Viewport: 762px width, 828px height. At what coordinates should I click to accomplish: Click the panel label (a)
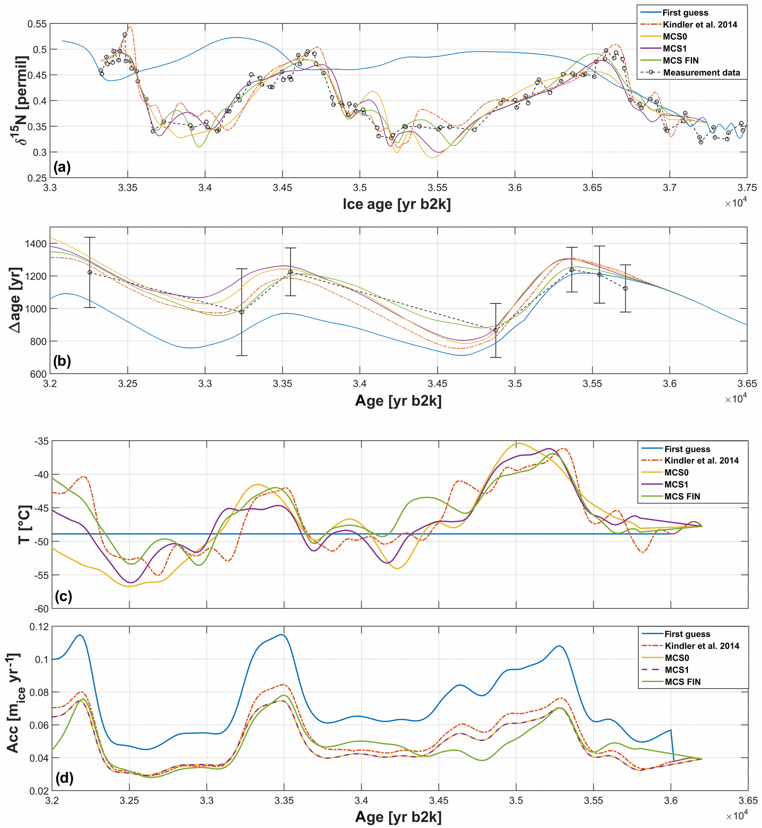[x=62, y=167]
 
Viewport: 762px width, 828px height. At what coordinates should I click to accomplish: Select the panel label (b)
[x=62, y=361]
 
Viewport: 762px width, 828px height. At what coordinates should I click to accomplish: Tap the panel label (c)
[x=63, y=596]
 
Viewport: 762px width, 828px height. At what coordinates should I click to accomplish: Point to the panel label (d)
[x=64, y=778]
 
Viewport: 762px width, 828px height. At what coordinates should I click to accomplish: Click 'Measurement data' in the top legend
[x=701, y=73]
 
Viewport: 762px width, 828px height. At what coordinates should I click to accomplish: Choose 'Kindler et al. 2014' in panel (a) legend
[x=700, y=25]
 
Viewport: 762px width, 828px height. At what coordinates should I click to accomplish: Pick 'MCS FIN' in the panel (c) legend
[x=682, y=496]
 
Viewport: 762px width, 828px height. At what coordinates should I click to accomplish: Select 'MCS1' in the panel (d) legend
[x=676, y=669]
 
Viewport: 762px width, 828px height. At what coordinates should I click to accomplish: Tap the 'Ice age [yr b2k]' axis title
[x=397, y=204]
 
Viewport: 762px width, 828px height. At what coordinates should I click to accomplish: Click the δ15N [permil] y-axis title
[x=21, y=100]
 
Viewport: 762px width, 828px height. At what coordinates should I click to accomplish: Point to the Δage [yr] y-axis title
[x=16, y=300]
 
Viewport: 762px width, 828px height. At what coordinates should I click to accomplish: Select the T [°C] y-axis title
[x=25, y=524]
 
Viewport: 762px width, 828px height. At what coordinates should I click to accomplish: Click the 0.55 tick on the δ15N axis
[x=37, y=24]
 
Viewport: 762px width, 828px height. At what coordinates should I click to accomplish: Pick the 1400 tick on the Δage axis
[x=35, y=244]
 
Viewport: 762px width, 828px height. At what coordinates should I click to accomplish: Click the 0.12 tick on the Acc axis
[x=39, y=627]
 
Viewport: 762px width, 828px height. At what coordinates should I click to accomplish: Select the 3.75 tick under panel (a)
[x=746, y=188]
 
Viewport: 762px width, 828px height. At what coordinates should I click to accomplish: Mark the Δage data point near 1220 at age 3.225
[x=90, y=272]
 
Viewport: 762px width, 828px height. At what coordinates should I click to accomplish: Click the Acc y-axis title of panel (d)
[x=15, y=703]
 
